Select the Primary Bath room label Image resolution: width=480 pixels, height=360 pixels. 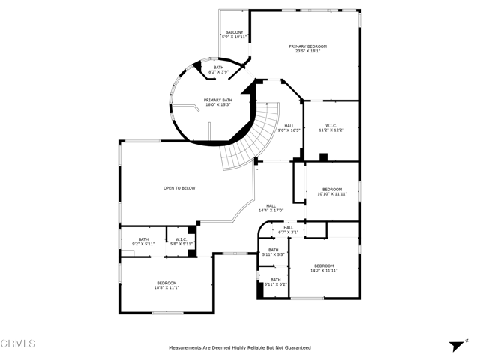tap(218, 102)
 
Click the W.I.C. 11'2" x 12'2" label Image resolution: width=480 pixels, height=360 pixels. tap(331, 127)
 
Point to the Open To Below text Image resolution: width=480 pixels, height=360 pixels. tap(179, 188)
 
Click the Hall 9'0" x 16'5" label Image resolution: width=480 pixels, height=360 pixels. tap(289, 127)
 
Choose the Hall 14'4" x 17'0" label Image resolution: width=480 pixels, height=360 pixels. tap(271, 208)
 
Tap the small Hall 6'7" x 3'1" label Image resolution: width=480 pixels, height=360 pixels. tap(289, 229)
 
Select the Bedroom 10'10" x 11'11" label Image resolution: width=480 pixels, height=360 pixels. tap(332, 191)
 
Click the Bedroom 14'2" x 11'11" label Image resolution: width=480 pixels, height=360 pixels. tap(324, 268)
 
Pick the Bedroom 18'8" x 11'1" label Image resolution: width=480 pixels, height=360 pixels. tap(166, 285)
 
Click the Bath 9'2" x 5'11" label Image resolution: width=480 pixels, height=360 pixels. tap(143, 241)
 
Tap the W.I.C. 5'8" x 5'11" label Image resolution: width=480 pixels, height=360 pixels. tap(180, 241)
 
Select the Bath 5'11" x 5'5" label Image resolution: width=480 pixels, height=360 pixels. tap(274, 252)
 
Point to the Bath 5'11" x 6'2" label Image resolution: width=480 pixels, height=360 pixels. tap(275, 282)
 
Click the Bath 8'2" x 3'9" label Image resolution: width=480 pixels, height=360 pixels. tap(218, 69)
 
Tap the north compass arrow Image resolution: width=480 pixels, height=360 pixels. tap(454, 345)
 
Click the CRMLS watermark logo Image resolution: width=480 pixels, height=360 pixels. tap(19, 344)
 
